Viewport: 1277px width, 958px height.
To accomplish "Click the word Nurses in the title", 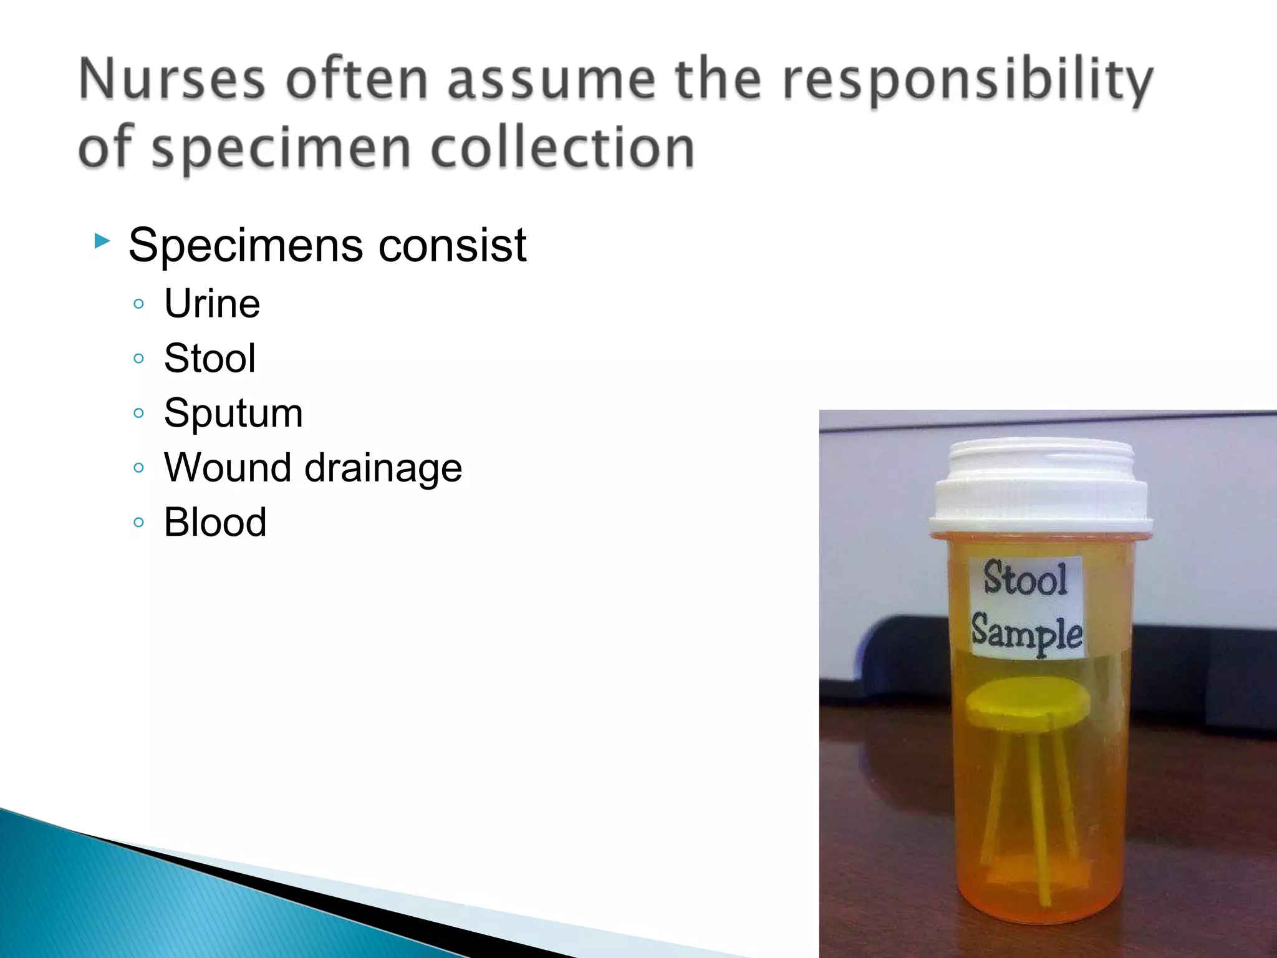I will pos(172,79).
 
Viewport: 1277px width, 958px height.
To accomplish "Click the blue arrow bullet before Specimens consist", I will pos(102,241).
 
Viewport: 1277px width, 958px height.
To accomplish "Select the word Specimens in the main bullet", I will pos(245,246).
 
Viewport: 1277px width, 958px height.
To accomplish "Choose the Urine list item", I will pos(212,304).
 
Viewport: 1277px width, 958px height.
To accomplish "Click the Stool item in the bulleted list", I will pos(210,359).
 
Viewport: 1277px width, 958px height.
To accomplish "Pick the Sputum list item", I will pos(233,414).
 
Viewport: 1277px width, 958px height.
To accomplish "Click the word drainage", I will pos(383,468).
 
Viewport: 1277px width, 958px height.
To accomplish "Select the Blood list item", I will pos(215,522).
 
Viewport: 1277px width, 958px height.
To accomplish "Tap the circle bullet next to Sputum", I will pos(138,413).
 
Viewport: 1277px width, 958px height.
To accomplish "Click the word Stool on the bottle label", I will pos(1025,579).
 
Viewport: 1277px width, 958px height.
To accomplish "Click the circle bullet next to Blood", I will pos(138,522).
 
